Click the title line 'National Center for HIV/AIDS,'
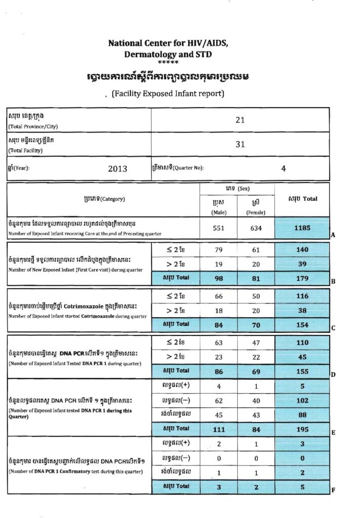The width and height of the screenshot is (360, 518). tap(168, 43)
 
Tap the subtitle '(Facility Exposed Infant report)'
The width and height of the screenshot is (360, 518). tap(167, 94)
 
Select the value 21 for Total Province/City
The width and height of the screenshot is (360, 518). tap(240, 120)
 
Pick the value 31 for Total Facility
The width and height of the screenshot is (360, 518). tap(240, 144)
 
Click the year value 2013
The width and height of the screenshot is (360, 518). tap(117, 169)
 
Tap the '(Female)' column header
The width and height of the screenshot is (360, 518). tap(256, 212)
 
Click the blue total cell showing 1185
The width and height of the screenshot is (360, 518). tap(302, 228)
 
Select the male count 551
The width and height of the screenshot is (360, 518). tap(219, 228)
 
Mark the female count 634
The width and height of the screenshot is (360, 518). tap(256, 228)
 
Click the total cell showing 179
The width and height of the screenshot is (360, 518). tap(302, 278)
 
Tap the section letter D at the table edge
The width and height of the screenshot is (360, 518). tap(333, 375)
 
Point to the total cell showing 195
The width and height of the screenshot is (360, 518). tap(302, 428)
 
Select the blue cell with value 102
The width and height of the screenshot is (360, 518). tap(302, 400)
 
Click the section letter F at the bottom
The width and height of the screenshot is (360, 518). tap(333, 490)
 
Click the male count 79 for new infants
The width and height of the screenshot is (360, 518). tap(219, 249)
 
